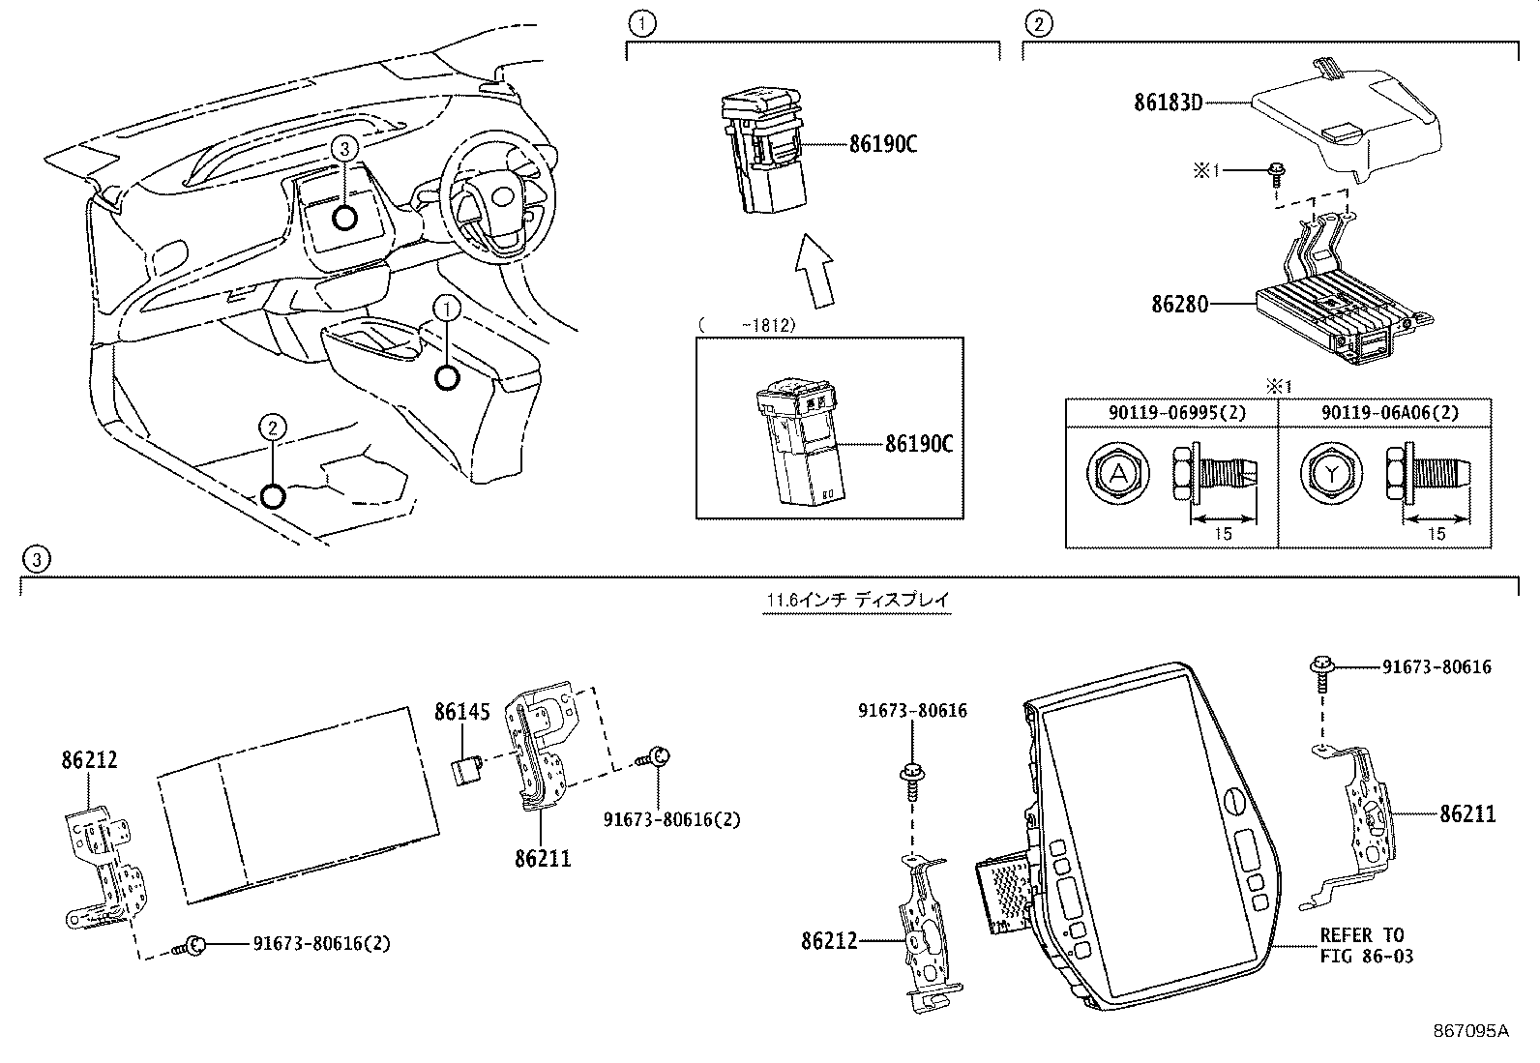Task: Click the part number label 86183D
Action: [1168, 101]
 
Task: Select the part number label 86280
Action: [1179, 303]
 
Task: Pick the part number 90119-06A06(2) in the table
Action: [1384, 412]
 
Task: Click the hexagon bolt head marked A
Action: [1118, 473]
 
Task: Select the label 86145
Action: [461, 713]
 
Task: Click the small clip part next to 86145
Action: [466, 771]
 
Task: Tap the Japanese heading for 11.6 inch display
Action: [858, 600]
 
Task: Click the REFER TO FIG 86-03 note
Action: [1366, 946]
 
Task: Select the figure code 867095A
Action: [1470, 1030]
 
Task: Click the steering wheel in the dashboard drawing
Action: [493, 198]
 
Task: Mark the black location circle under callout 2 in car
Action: [273, 496]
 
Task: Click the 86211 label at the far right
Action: [1466, 813]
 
